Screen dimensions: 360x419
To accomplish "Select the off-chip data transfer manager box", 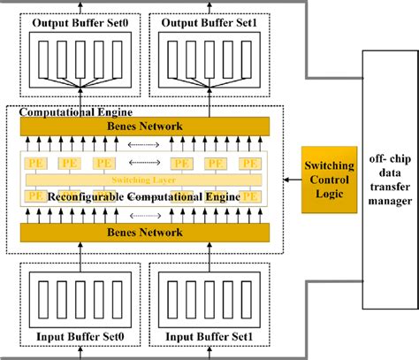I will [390, 176].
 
